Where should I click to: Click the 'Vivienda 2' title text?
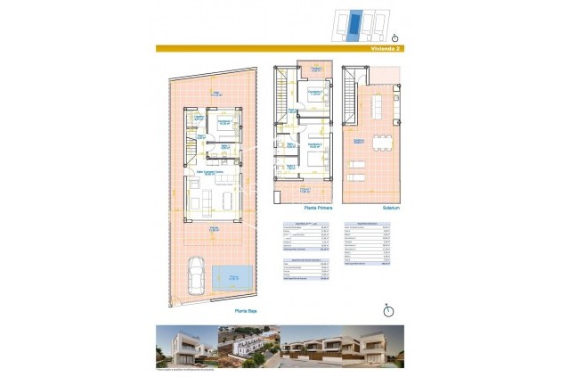386,49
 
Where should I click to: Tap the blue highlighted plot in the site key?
356,24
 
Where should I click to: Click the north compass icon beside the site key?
394,37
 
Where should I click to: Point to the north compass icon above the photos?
387,310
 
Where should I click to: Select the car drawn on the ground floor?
196,275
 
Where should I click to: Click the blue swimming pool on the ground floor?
234,278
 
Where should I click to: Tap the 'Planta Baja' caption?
246,311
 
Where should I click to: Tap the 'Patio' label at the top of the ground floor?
215,90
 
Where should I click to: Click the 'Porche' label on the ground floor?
214,228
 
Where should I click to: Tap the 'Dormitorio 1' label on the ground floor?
226,121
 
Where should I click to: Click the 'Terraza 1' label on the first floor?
305,189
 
